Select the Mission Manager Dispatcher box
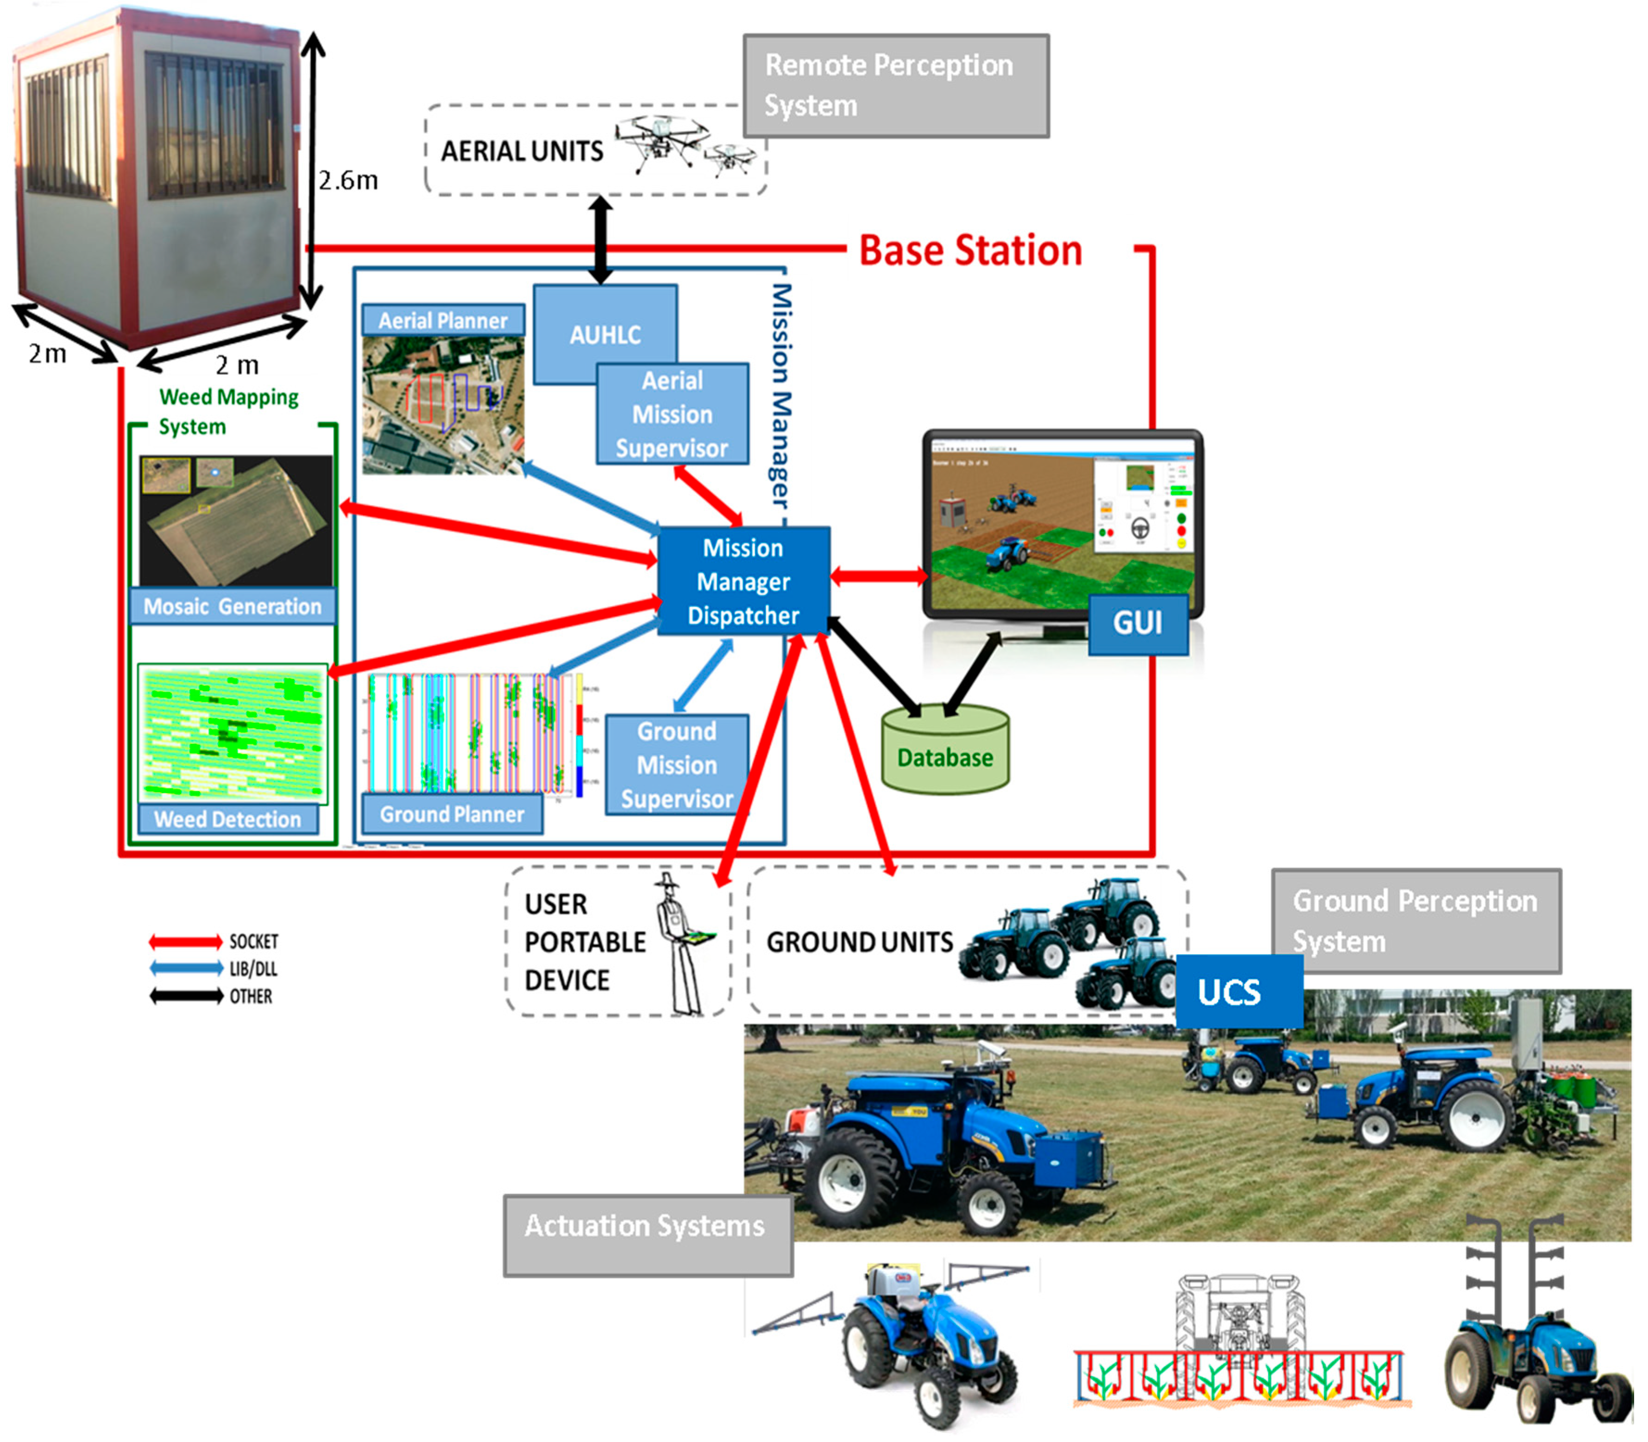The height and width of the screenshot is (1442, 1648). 743,581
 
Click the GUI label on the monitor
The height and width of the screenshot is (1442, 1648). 1137,623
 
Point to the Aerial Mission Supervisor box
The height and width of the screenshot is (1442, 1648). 672,414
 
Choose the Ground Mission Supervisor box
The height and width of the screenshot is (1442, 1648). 677,764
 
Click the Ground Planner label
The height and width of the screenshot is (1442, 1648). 452,814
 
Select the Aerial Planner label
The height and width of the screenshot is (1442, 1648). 443,320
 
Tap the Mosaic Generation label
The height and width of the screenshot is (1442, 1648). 232,606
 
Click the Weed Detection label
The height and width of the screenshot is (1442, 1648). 228,819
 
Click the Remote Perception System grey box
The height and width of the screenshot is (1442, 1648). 896,85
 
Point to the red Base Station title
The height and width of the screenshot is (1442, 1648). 970,250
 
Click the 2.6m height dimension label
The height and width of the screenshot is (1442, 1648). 348,180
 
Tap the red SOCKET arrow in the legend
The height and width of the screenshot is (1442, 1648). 186,941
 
